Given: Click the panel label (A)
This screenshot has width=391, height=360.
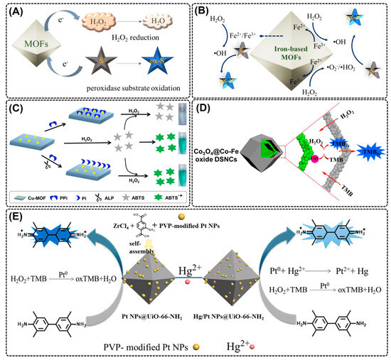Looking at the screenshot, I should pyautogui.click(x=16, y=12).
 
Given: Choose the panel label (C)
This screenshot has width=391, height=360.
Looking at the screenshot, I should pyautogui.click(x=16, y=111).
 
